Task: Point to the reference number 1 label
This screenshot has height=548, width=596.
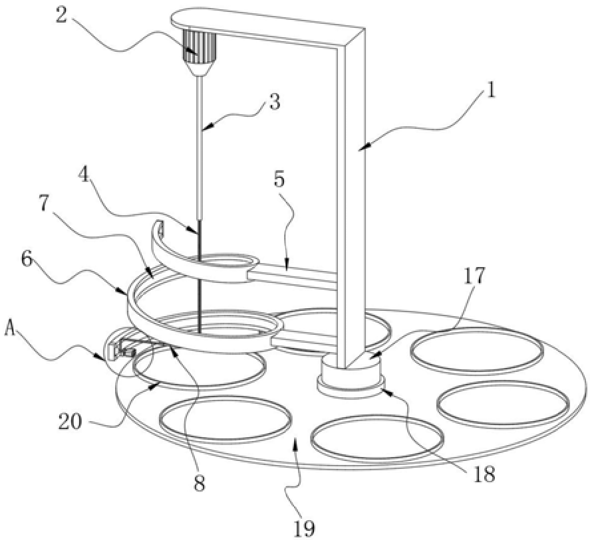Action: tap(491, 90)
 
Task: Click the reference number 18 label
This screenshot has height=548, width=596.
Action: tap(485, 474)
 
